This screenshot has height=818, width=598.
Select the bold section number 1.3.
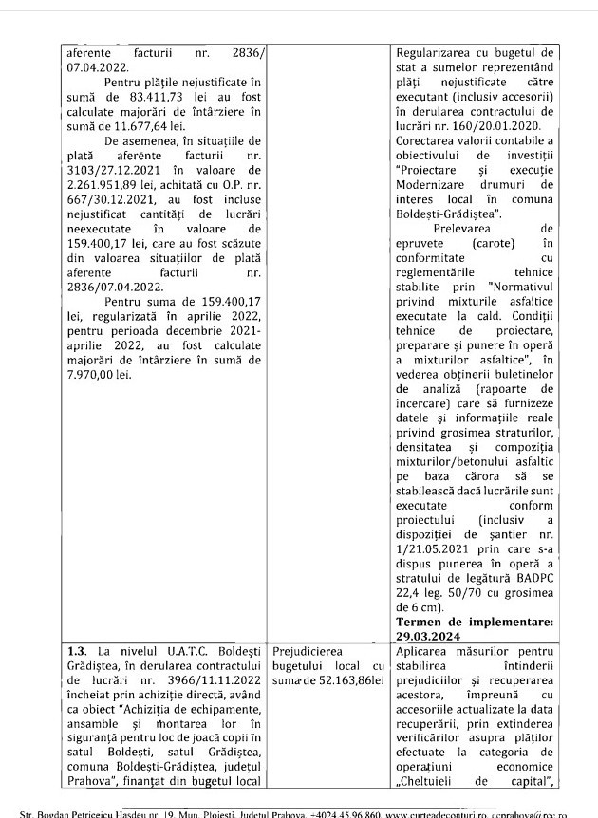[x=78, y=652]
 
